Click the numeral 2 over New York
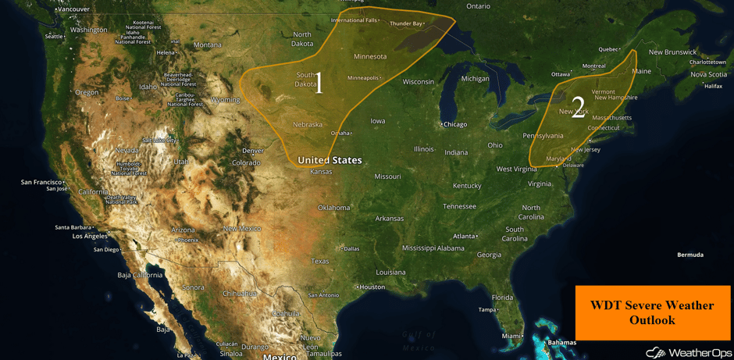pos(578,105)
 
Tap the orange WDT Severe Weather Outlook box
pos(653,312)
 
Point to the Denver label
pos(252,151)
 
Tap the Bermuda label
pos(689,255)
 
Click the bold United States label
pos(330,160)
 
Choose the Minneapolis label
pos(363,77)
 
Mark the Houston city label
pos(372,287)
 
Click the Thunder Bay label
pos(405,24)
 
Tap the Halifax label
pos(712,86)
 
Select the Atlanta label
pos(465,236)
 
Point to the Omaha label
pos(340,133)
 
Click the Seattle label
pos(54,36)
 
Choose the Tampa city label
pos(487,309)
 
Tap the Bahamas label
pos(561,343)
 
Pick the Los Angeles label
pos(90,236)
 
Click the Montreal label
pos(594,67)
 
